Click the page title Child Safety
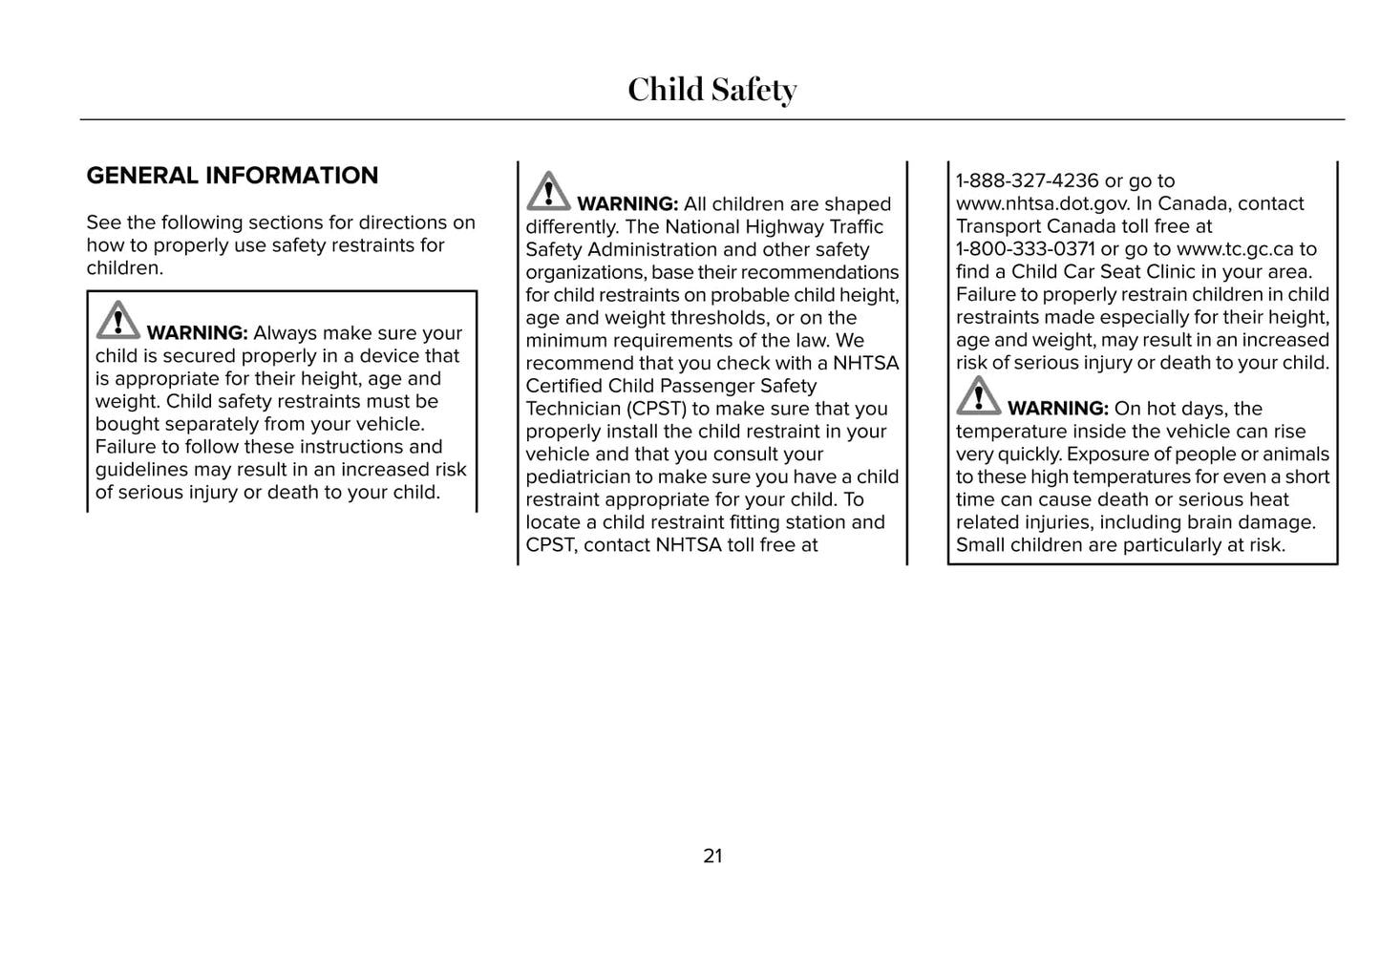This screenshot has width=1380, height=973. (711, 90)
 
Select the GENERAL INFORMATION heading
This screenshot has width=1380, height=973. (232, 176)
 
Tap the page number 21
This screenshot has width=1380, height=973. (712, 857)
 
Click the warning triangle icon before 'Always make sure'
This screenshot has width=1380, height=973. (117, 321)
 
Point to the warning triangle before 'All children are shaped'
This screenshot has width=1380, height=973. (548, 191)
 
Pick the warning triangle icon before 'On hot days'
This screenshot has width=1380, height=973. (978, 396)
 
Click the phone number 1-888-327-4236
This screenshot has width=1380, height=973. (1027, 180)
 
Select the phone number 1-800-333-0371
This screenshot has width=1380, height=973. (1025, 249)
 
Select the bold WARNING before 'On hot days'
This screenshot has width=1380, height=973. (1057, 409)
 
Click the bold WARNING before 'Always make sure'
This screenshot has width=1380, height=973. (197, 333)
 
